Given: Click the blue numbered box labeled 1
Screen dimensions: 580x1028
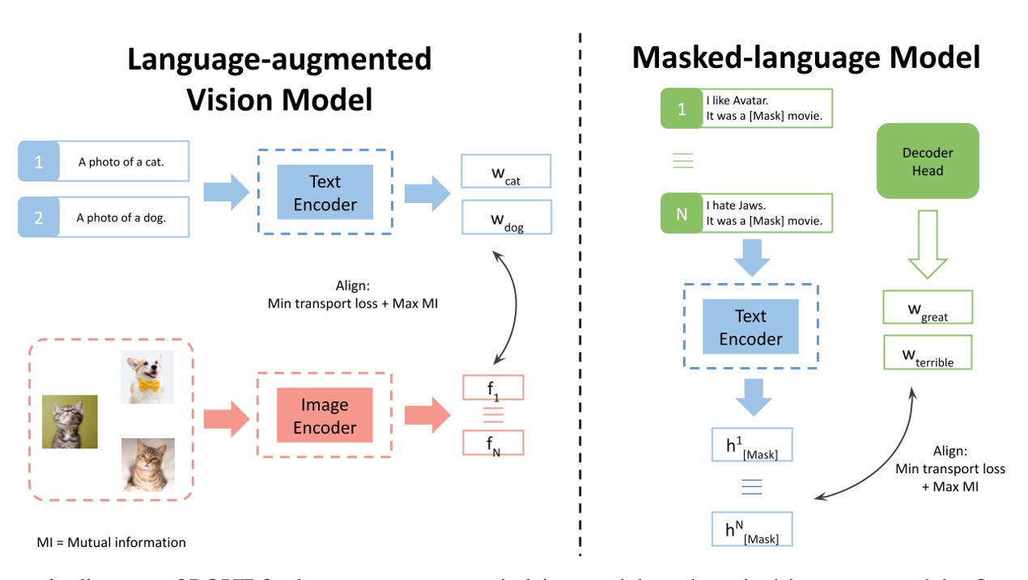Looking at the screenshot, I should (x=38, y=161).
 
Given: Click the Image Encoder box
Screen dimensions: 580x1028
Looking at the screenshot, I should (x=325, y=416).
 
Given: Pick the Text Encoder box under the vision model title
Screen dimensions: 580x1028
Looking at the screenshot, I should (x=325, y=193).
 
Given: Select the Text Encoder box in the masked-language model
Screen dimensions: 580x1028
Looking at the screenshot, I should (x=750, y=327).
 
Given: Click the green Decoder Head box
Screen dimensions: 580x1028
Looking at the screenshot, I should (x=928, y=161).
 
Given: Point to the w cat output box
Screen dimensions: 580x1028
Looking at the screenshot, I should (x=506, y=171).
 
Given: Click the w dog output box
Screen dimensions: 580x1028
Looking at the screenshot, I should (x=506, y=218).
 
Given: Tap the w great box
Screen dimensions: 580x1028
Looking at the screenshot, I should (x=928, y=308).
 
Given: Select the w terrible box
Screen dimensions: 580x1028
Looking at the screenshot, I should (x=928, y=353).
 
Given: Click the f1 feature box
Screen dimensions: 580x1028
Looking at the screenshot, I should (x=493, y=388).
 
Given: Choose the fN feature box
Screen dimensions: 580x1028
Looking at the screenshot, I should (x=493, y=443).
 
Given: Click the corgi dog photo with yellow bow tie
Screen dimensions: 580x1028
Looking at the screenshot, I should (x=147, y=377).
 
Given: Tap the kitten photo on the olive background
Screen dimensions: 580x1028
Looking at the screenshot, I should (x=70, y=421).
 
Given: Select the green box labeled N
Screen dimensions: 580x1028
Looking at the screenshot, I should (x=682, y=214).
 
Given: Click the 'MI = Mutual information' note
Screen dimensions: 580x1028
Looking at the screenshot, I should (x=111, y=542).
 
